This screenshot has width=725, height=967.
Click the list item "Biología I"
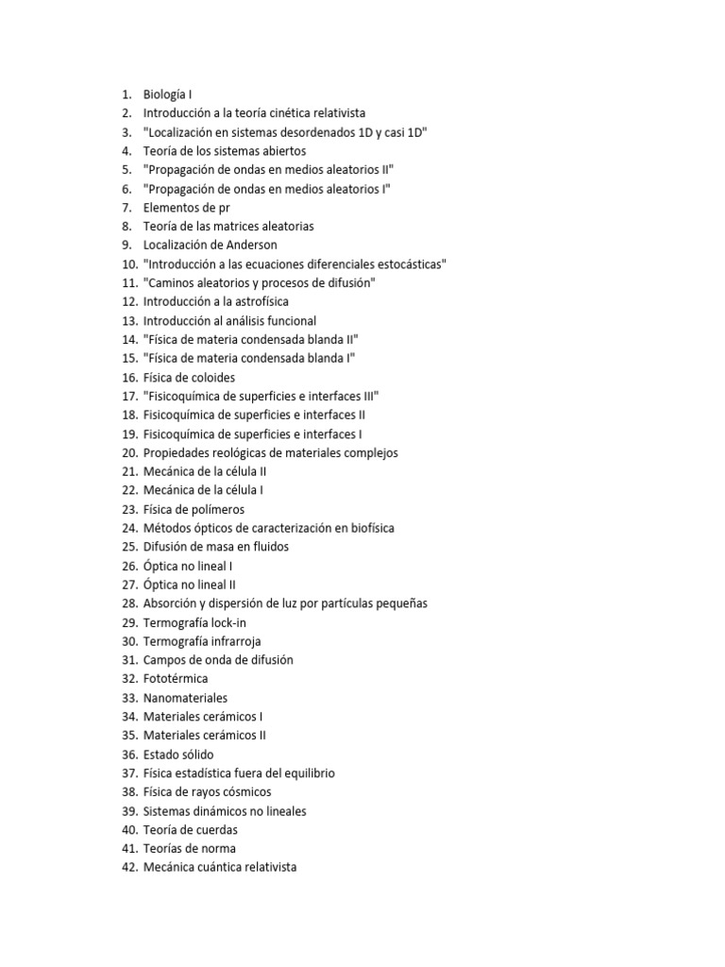[x=168, y=94]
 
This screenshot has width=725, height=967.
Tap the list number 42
[x=129, y=867]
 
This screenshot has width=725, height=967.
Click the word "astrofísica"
[x=255, y=302]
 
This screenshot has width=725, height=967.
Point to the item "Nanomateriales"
[x=185, y=698]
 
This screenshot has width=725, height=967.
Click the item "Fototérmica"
[x=176, y=679]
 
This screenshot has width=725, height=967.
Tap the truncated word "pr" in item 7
[x=223, y=208]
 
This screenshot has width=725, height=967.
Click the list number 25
[x=129, y=547]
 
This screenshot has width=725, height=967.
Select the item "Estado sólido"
[x=178, y=755]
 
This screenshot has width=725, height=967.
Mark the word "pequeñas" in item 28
[x=399, y=603]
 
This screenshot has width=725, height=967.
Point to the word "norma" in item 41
[x=218, y=848]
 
